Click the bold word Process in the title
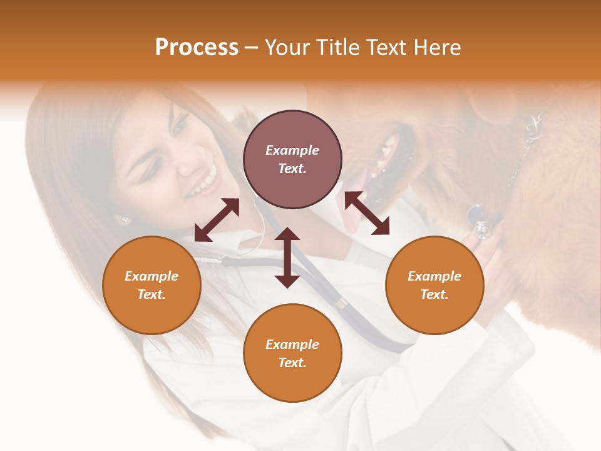tap(197, 48)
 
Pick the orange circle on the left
tap(152, 285)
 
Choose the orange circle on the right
tap(434, 285)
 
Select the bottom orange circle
tap(292, 353)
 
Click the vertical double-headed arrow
tap(287, 257)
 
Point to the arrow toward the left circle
tap(217, 220)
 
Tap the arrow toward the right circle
tap(367, 213)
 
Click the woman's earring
tap(123, 219)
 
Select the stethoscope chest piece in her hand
tap(481, 223)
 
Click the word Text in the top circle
tap(292, 169)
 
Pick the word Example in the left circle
tap(152, 276)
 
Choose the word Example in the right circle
tap(434, 276)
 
